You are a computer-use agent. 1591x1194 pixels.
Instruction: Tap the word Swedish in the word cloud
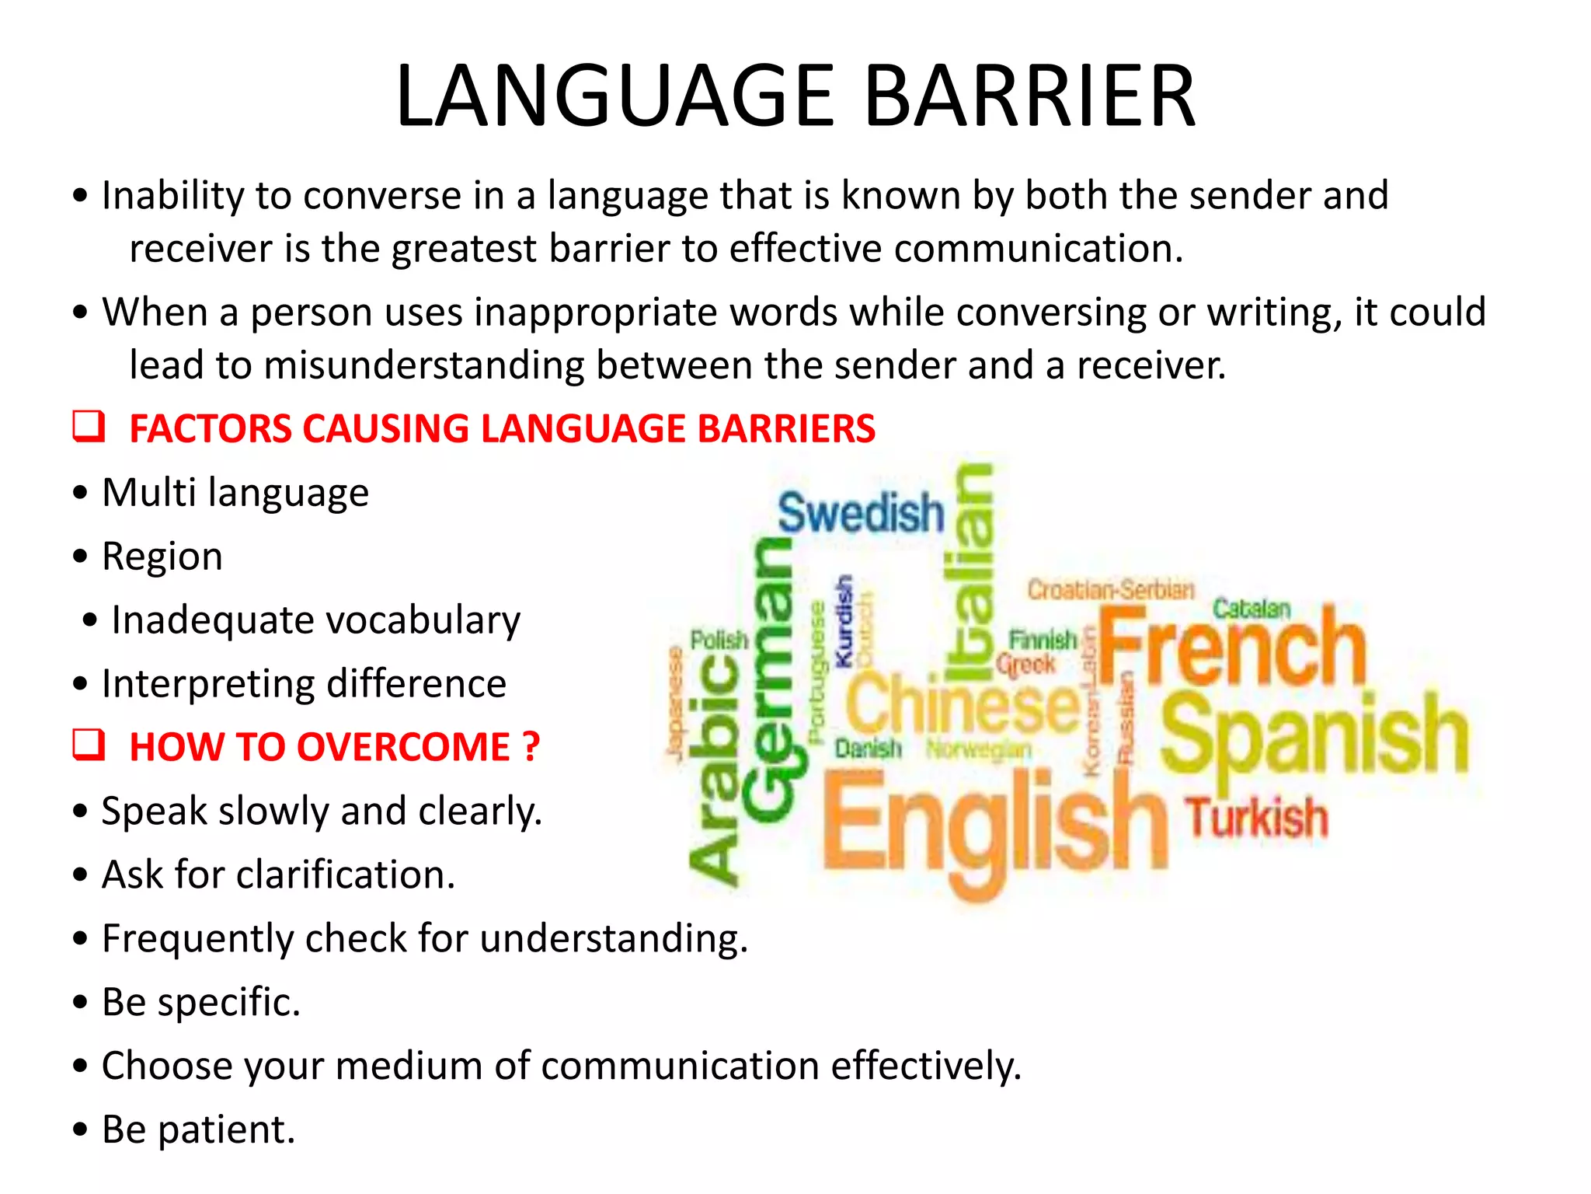861,513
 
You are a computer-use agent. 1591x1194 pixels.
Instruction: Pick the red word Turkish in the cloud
1256,818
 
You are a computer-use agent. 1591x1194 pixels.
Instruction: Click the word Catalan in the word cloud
1252,608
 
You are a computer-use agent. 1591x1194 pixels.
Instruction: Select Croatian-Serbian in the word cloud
1110,590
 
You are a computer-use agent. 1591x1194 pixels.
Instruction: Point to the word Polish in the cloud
719,641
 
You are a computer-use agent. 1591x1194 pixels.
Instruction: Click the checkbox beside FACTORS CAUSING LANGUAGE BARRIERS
89,427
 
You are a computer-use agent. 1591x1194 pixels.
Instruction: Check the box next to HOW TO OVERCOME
89,745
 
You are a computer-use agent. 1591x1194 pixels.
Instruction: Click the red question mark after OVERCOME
531,747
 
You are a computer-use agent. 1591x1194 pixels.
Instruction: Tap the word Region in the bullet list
162,557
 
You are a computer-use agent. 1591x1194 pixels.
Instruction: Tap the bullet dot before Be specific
80,1002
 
